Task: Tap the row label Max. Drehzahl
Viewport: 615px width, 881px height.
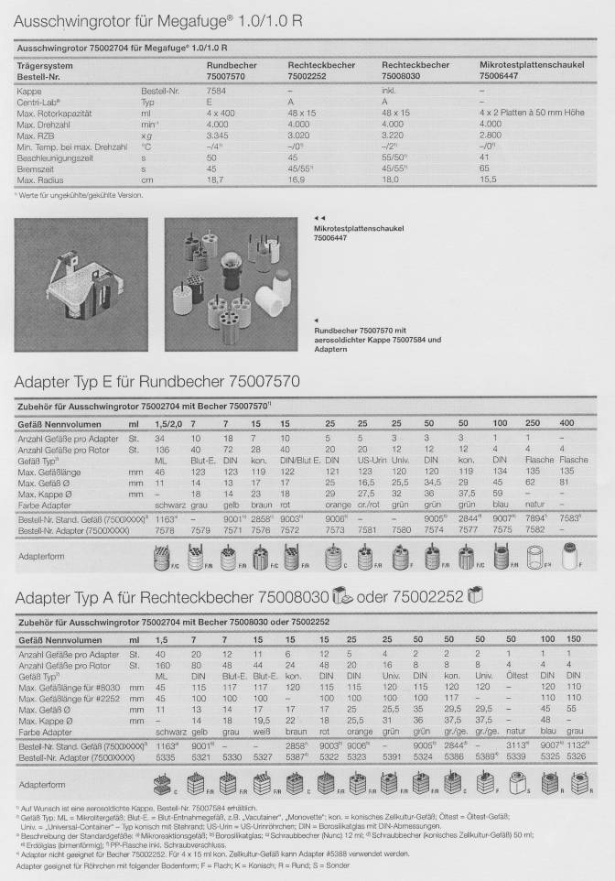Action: click(45, 123)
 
